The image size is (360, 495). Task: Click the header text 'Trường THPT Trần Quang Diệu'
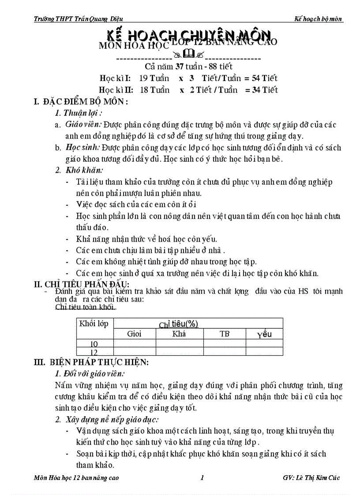click(x=78, y=19)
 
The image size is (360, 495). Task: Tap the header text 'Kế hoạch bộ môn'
click(x=319, y=19)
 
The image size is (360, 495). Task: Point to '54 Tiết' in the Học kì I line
click(x=264, y=78)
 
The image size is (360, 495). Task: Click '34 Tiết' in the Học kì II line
click(x=264, y=90)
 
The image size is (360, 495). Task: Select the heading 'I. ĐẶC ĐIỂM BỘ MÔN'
click(x=81, y=102)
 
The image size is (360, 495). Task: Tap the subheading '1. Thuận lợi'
click(x=77, y=113)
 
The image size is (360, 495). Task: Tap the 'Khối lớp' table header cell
click(x=94, y=324)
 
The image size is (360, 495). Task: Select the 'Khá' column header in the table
click(x=179, y=334)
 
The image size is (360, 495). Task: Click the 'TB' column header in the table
click(x=225, y=334)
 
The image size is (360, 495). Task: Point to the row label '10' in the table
click(x=94, y=344)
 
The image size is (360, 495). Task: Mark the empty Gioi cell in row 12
click(x=134, y=352)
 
